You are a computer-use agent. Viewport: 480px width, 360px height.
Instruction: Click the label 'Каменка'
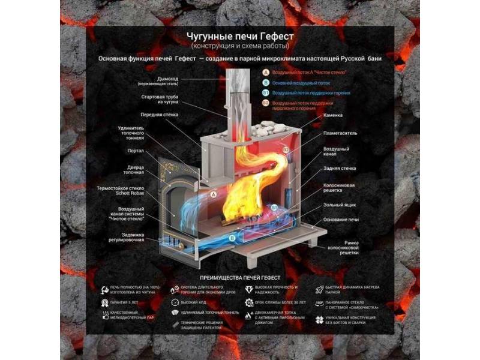click(x=332, y=113)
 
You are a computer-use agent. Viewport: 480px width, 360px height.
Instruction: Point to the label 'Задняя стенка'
click(x=339, y=169)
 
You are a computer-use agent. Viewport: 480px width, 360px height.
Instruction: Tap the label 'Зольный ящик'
click(x=338, y=205)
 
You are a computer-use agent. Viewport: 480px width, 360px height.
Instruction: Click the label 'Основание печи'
click(x=341, y=219)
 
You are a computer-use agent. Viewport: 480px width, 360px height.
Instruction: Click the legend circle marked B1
click(x=266, y=93)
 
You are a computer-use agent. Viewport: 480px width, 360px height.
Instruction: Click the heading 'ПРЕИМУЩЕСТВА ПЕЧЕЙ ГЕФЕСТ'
click(x=240, y=277)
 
